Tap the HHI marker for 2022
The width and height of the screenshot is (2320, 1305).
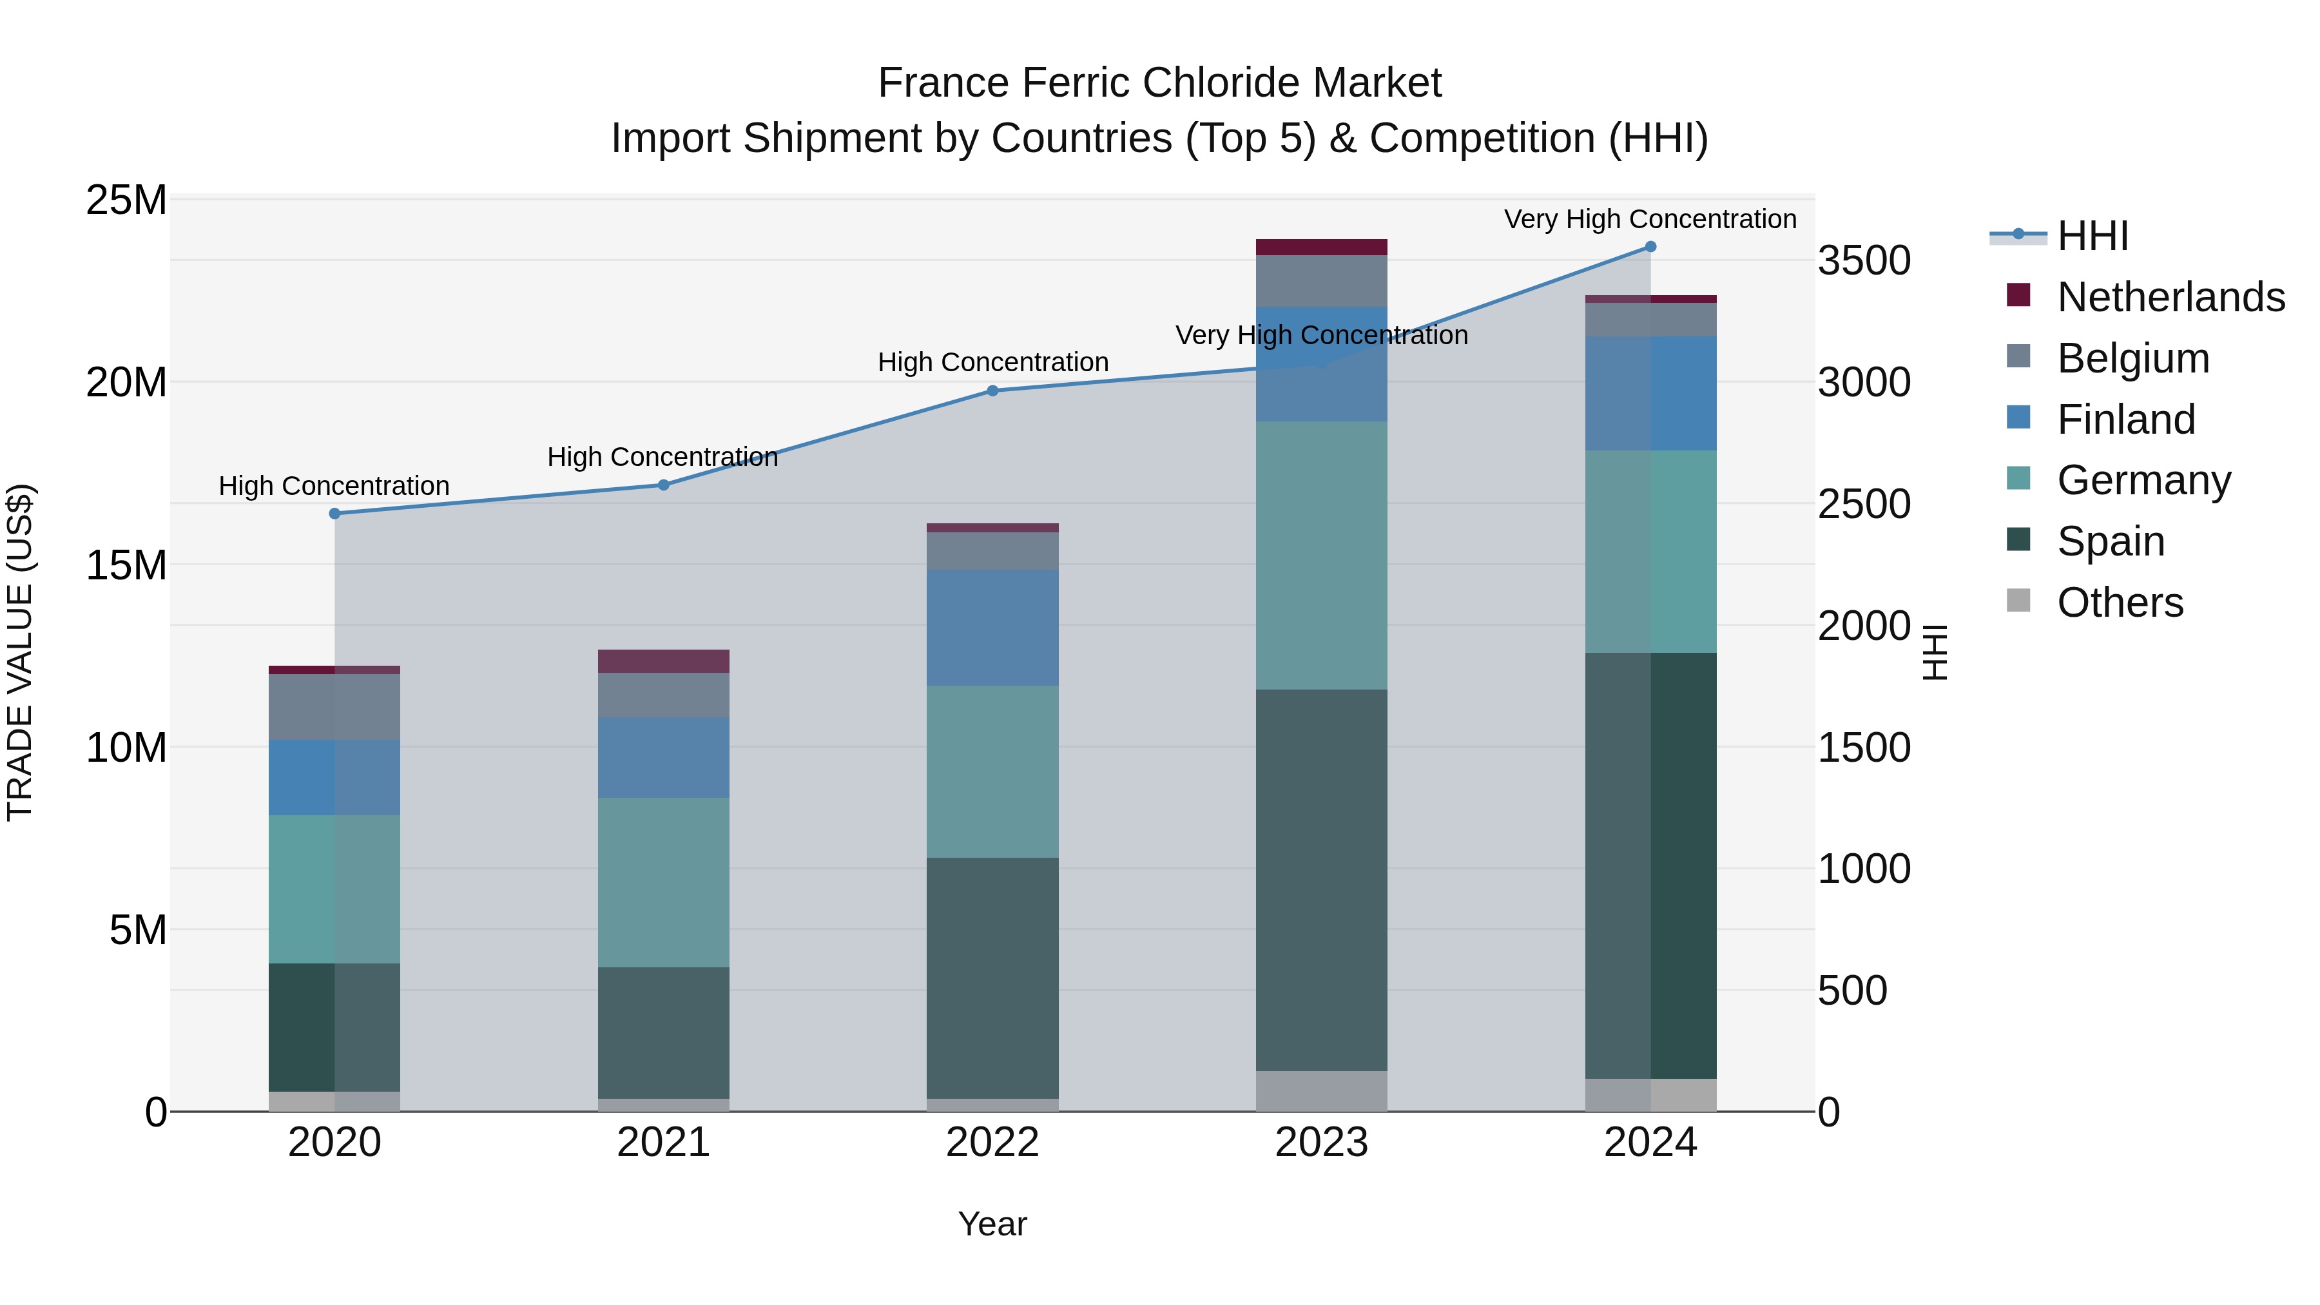click(992, 391)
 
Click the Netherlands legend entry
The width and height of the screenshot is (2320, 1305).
click(2170, 297)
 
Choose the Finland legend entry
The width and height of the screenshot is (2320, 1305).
click(2125, 420)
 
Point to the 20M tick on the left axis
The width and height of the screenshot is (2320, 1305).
click(126, 383)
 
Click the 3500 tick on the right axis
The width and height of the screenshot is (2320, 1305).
click(1863, 261)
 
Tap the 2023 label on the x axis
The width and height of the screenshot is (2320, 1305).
click(1321, 1143)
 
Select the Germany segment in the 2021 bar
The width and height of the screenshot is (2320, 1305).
click(664, 883)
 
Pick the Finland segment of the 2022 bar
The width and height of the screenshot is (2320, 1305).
click(992, 628)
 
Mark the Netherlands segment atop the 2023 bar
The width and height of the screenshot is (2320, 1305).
click(1321, 247)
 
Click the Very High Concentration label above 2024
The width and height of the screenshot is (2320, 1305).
click(1650, 219)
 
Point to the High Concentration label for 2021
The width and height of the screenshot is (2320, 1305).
click(663, 457)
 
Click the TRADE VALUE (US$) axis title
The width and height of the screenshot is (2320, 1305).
click(20, 652)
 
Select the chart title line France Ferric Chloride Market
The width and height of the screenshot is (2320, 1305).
click(1160, 83)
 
